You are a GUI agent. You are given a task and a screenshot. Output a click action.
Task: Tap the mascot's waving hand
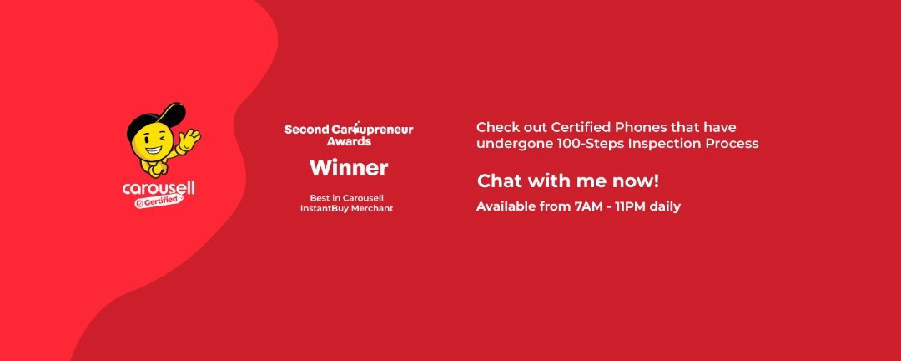tap(189, 139)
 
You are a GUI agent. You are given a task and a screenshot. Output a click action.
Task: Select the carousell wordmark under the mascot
tap(159, 188)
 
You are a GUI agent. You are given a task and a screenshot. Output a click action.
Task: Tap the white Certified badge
tap(159, 201)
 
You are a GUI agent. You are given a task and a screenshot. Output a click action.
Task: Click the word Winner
tap(349, 168)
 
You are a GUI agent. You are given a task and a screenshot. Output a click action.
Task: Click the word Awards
tap(349, 141)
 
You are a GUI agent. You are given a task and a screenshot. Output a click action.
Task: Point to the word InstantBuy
tap(325, 208)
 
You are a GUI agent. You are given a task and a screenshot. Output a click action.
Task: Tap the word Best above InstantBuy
tap(319, 198)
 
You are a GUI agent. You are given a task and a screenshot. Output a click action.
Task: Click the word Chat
tap(500, 181)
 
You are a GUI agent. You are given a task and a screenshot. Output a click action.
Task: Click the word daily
tap(665, 206)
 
